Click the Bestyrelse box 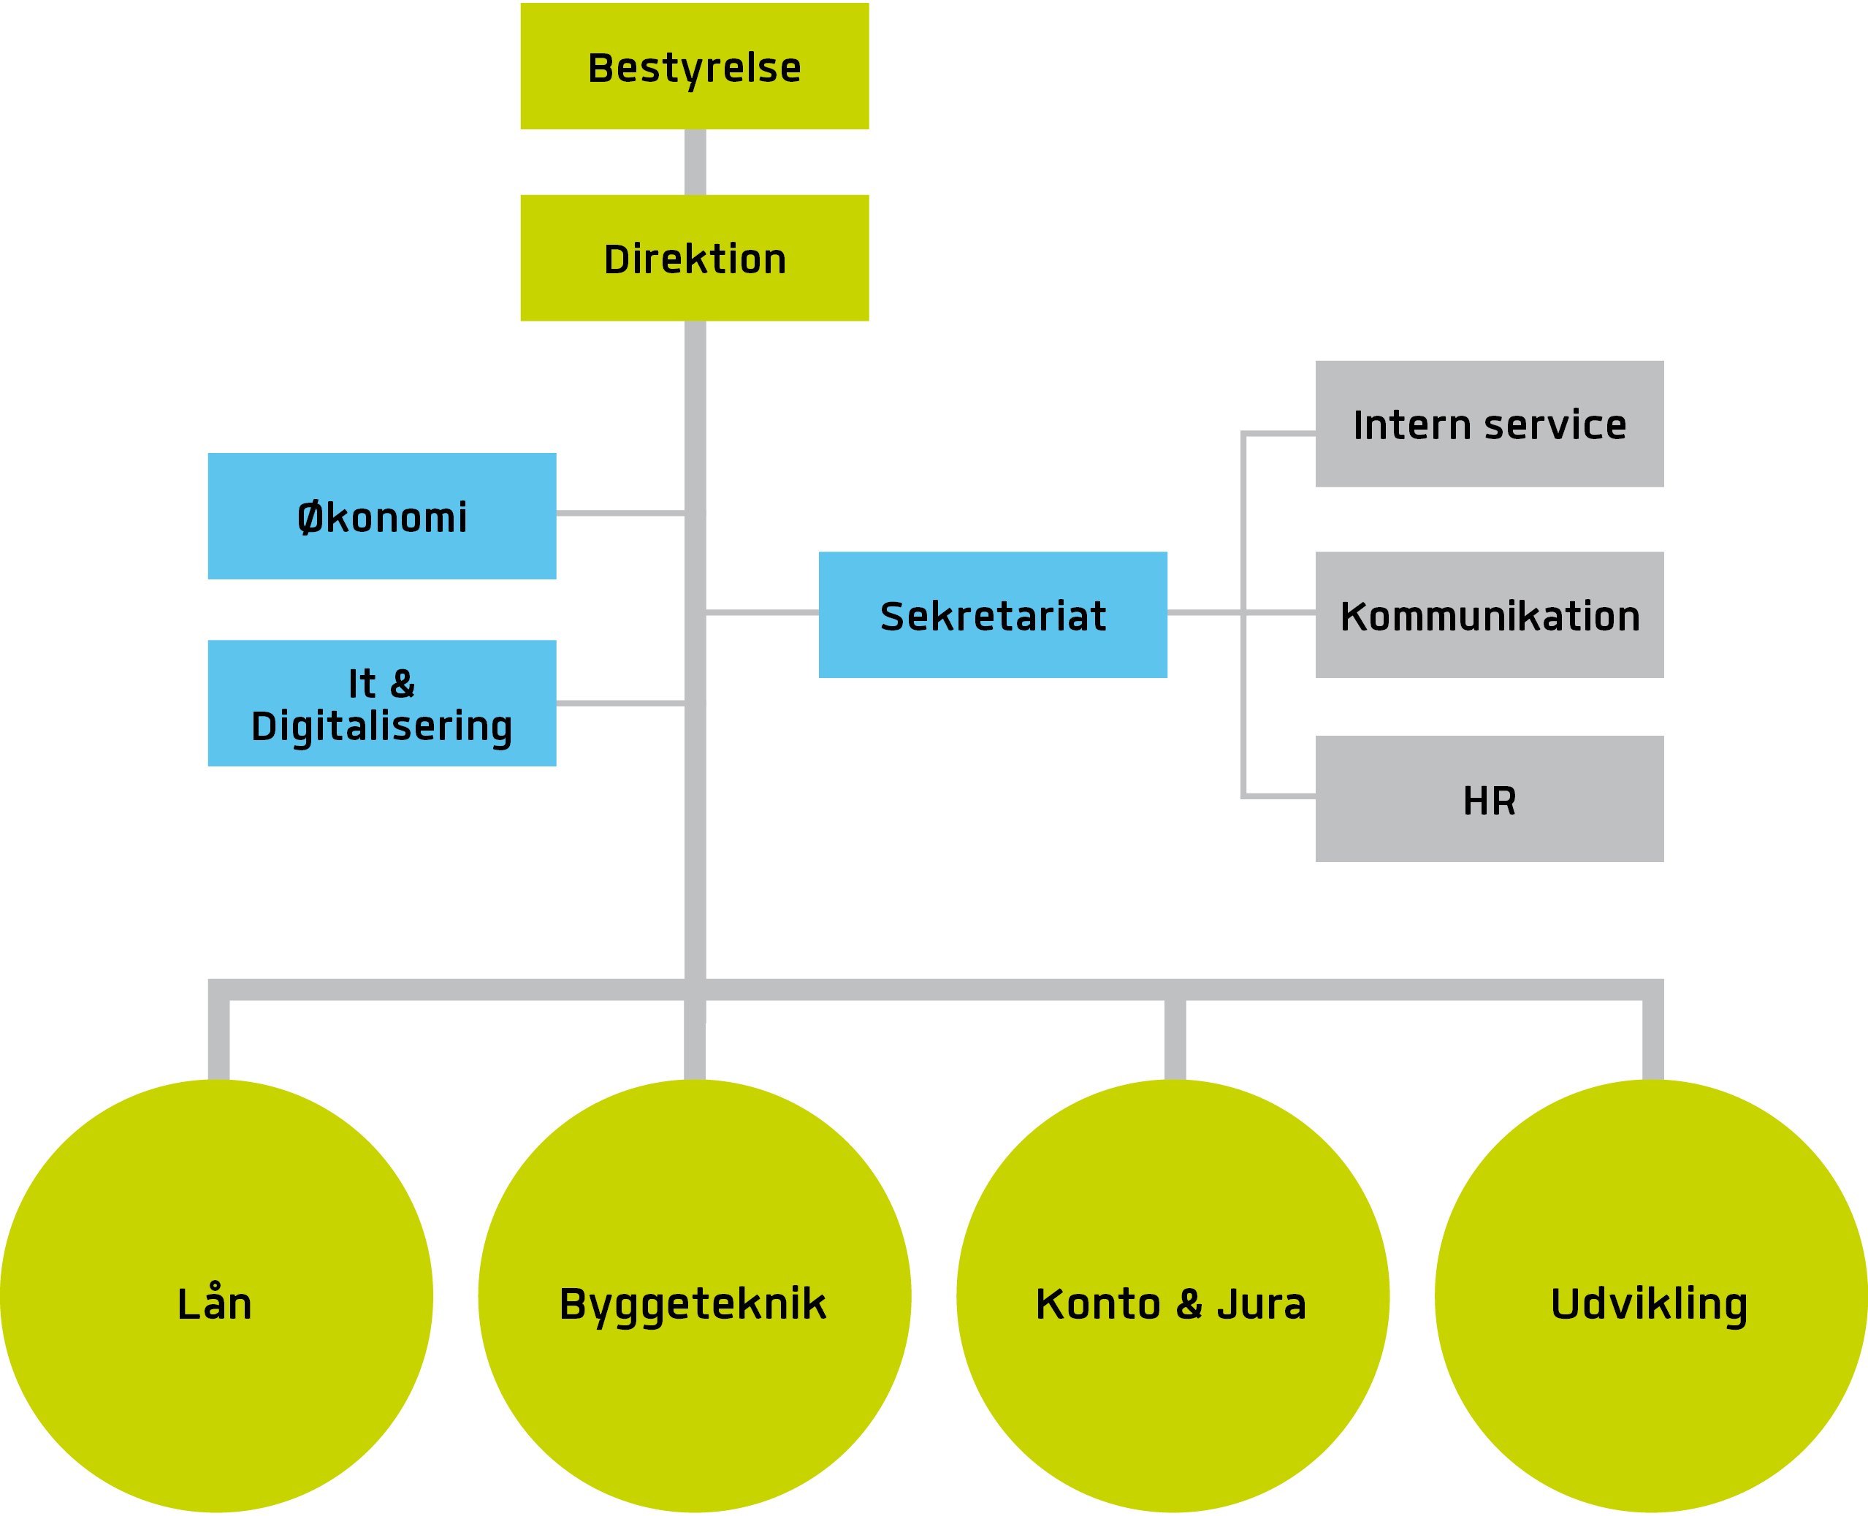point(694,66)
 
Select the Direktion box point(694,258)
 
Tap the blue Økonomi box point(381,516)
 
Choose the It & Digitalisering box point(381,704)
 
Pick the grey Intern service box point(1489,424)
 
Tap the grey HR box point(1489,799)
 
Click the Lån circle point(216,1297)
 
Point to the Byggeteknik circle point(694,1297)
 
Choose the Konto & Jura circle point(1173,1297)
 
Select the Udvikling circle point(1650,1297)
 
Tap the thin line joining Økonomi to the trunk point(620,514)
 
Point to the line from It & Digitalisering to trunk point(620,703)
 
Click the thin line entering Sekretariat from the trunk point(761,613)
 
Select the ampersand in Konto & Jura point(1189,1305)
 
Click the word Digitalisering point(381,726)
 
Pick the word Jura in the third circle point(1261,1305)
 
